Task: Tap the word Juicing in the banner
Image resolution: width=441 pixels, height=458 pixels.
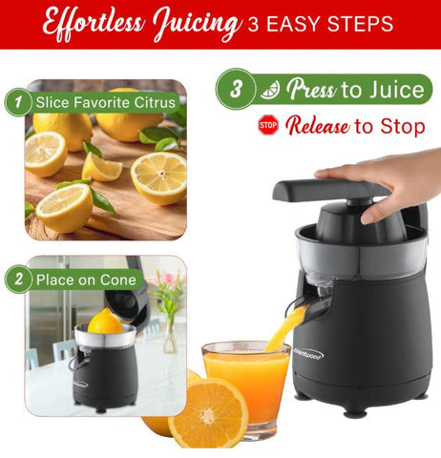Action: click(x=197, y=25)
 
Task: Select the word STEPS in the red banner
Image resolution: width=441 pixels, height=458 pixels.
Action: click(x=360, y=24)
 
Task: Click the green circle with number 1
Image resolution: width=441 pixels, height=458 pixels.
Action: click(x=18, y=102)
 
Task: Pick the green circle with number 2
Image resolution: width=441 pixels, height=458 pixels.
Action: click(x=18, y=279)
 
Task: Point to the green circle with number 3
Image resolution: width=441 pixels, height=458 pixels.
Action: click(x=236, y=89)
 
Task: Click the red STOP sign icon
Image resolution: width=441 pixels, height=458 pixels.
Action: click(x=268, y=125)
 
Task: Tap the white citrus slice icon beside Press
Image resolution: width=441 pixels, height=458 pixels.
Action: click(x=270, y=90)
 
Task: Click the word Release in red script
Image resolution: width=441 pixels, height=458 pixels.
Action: click(x=318, y=126)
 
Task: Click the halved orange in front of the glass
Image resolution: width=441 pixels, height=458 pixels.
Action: click(x=208, y=414)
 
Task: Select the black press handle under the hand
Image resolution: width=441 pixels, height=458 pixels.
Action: click(x=331, y=190)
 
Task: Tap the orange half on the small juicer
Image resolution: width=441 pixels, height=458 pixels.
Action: click(x=105, y=322)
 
